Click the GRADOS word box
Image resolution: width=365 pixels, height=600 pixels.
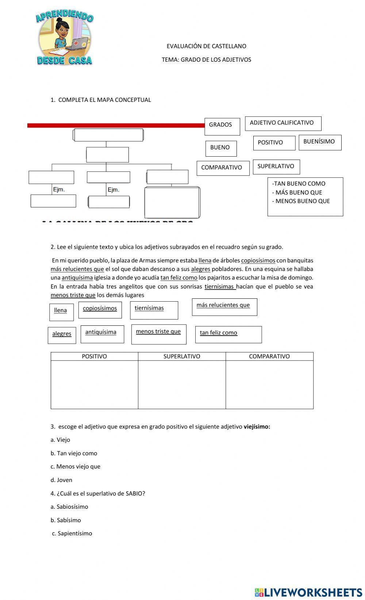tap(222, 126)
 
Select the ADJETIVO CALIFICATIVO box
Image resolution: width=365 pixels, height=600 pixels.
tap(283, 123)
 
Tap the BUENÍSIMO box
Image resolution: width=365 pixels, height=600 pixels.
tap(320, 142)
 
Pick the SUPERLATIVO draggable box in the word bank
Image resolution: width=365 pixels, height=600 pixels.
tap(276, 167)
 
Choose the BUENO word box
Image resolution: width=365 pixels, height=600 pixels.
tap(220, 148)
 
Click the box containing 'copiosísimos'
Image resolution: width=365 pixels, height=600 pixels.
tap(100, 309)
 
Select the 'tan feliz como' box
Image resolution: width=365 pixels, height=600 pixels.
tap(228, 334)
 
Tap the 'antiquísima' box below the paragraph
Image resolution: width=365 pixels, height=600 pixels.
tap(102, 334)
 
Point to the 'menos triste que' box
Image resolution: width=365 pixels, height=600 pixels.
tap(158, 334)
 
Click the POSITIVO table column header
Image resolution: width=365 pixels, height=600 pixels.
tap(94, 356)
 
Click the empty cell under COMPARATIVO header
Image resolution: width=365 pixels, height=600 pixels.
tap(269, 384)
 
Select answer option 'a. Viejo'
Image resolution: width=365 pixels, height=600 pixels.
tap(61, 440)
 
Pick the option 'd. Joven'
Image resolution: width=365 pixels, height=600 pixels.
tap(61, 480)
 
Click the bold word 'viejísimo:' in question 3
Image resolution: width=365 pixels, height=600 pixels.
tap(257, 427)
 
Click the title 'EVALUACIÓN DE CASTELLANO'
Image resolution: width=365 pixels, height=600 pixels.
tap(206, 46)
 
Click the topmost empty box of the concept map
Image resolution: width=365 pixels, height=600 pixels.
tap(108, 135)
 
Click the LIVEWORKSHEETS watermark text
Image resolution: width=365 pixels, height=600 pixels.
tap(312, 592)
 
